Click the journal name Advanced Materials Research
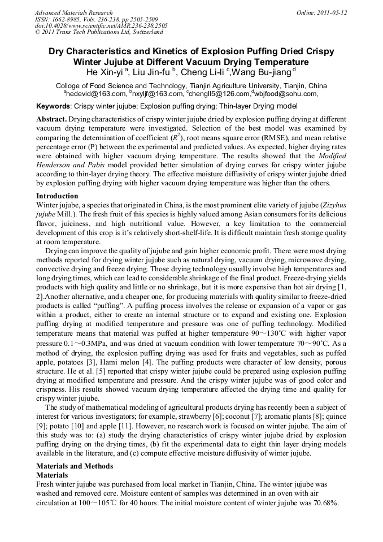73,12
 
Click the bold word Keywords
53,106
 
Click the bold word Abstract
51,120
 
